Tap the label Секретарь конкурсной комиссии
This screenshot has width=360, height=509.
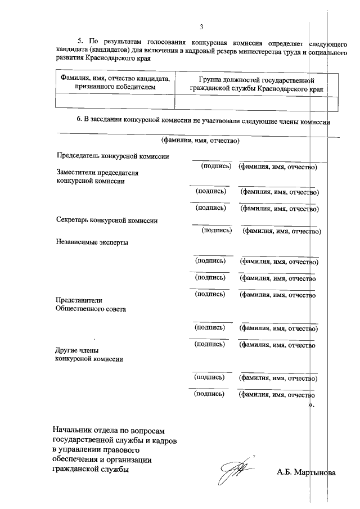(107, 220)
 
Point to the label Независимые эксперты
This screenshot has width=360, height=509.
(92, 242)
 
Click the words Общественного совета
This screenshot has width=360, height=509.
(90, 309)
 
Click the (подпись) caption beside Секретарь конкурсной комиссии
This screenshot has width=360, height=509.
(216, 230)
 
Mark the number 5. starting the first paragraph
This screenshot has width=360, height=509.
(80, 41)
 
